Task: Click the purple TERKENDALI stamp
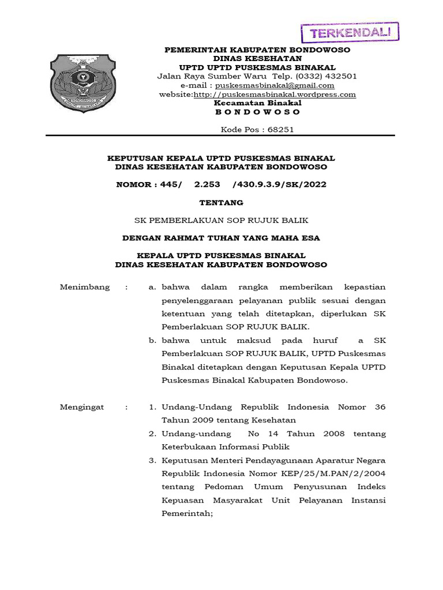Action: tap(350, 32)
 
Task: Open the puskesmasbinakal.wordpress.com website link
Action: tap(275, 94)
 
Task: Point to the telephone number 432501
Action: tap(340, 76)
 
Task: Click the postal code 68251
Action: tap(280, 130)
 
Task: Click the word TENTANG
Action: tap(221, 203)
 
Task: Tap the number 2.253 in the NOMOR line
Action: tap(208, 184)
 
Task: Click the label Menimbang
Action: tap(85, 287)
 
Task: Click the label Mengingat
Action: tap(82, 407)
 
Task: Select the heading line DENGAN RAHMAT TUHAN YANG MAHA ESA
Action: tap(221, 237)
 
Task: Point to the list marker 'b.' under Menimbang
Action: tap(153, 341)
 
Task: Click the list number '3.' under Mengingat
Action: tap(153, 460)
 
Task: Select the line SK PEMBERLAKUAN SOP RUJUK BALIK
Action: tap(221, 220)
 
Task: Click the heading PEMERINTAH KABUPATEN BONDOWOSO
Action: tap(257, 50)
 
